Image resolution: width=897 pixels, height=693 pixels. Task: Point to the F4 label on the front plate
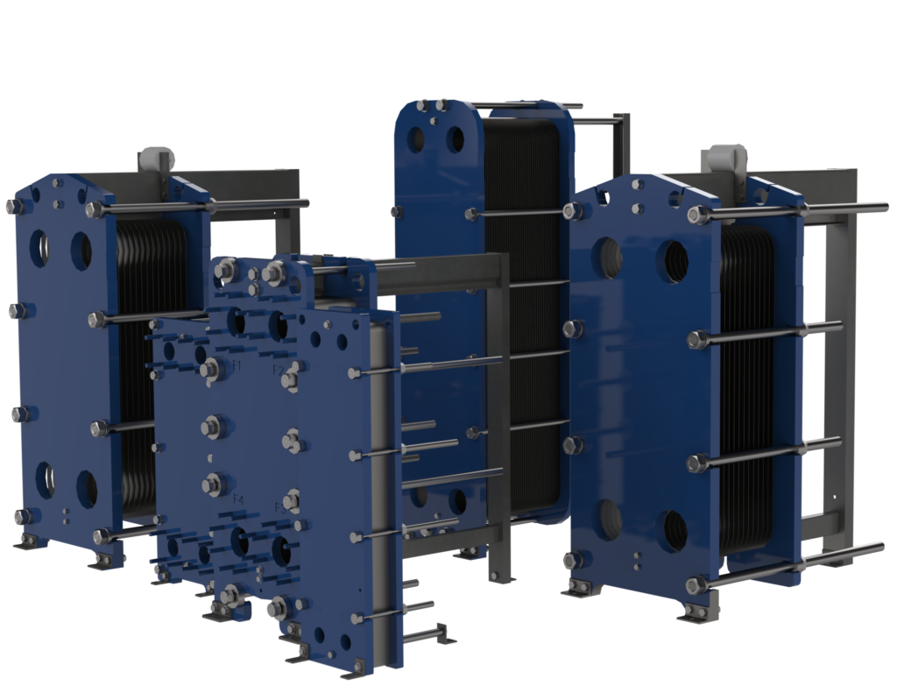pos(237,499)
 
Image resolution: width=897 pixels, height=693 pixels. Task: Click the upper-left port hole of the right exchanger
pos(610,258)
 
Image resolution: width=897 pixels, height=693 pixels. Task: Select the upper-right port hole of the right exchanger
pos(676,260)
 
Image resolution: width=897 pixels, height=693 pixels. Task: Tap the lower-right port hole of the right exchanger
pos(675,530)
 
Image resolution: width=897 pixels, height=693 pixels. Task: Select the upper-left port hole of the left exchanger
pos(39,246)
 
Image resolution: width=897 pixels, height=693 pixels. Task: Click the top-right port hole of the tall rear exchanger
pos(456,139)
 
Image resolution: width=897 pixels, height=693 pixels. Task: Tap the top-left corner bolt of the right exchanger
pos(576,210)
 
